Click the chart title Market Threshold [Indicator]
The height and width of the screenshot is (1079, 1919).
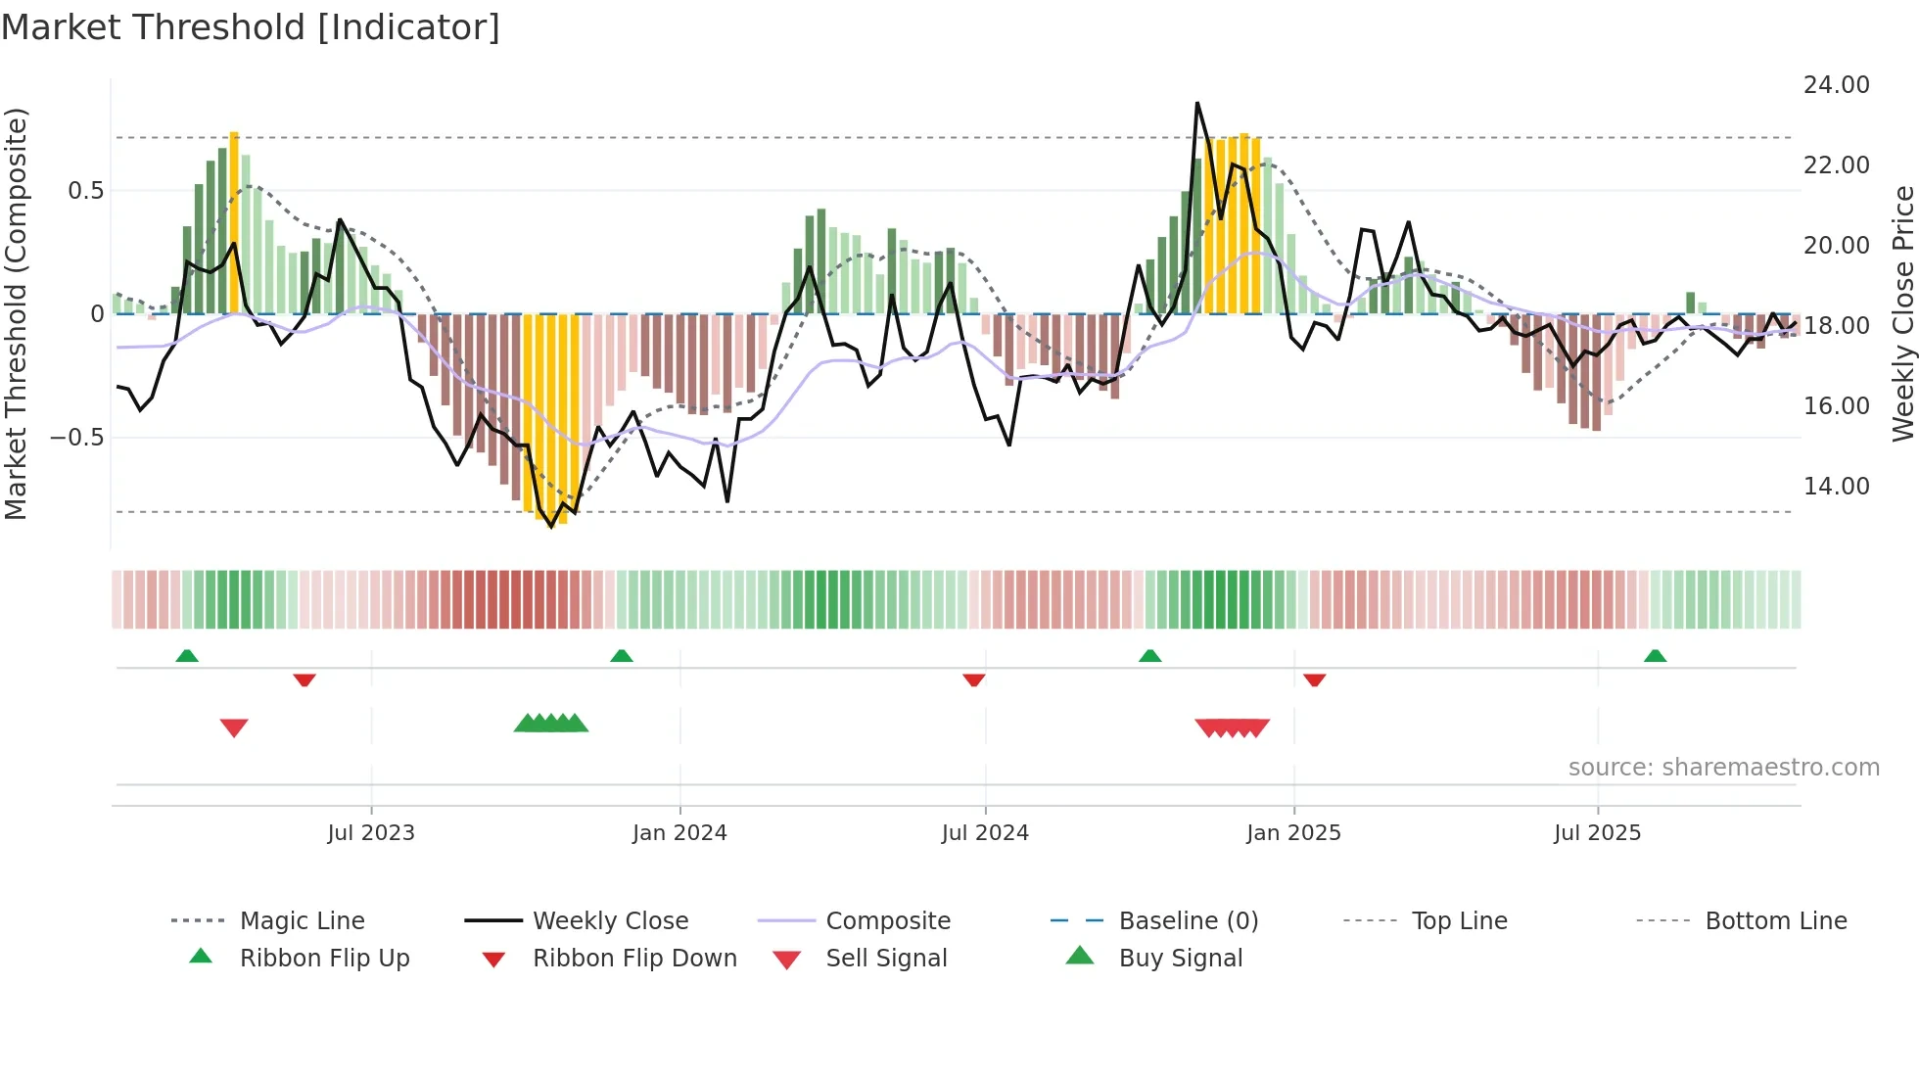[x=251, y=27]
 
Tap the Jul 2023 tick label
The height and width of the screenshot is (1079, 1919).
[x=371, y=833]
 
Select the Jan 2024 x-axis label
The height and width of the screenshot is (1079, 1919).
[x=679, y=833]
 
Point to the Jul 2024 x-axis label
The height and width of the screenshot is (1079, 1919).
[x=985, y=833]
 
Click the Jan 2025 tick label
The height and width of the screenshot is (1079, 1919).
[x=1293, y=833]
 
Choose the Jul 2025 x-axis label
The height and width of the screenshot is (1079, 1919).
[x=1597, y=833]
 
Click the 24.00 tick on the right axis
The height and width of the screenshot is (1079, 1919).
[x=1836, y=85]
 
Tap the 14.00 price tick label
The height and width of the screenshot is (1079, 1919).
[x=1836, y=487]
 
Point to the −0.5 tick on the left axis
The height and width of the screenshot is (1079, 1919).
[x=76, y=437]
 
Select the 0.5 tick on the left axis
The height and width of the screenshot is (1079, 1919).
[x=85, y=190]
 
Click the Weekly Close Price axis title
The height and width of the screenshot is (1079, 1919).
[x=1902, y=313]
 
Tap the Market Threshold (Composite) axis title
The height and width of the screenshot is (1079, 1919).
[x=16, y=313]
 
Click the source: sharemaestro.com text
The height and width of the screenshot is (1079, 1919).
[x=1723, y=768]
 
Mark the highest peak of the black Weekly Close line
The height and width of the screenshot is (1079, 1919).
[x=1196, y=104]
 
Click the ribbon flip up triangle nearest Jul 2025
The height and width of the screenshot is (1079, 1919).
[x=1655, y=656]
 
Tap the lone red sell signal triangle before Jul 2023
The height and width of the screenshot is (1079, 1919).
[x=234, y=727]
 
